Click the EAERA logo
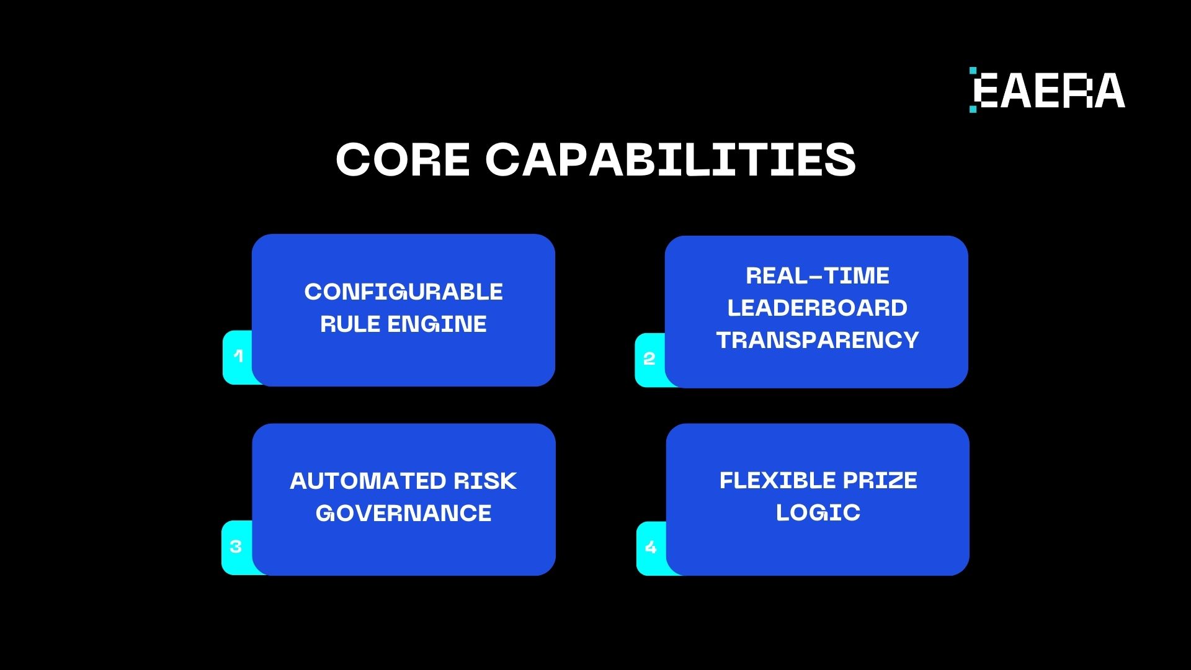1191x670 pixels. [x=1047, y=90]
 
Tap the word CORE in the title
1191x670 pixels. [x=403, y=159]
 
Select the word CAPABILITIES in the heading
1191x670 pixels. [x=671, y=159]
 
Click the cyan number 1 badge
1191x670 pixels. [x=238, y=357]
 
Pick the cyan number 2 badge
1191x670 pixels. [x=649, y=359]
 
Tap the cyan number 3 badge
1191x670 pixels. [x=236, y=547]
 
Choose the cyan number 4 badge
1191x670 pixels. [x=651, y=548]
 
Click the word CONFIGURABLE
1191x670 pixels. [x=403, y=292]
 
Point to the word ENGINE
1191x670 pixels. [x=437, y=324]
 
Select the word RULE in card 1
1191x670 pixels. [x=350, y=324]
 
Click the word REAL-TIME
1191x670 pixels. [x=818, y=275]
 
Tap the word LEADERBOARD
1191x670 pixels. [x=818, y=308]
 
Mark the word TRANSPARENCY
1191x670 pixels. [x=818, y=340]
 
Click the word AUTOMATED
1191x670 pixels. [x=368, y=481]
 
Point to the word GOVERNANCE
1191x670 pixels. [x=403, y=513]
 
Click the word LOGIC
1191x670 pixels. [x=818, y=512]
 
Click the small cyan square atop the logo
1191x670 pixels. [x=973, y=71]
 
